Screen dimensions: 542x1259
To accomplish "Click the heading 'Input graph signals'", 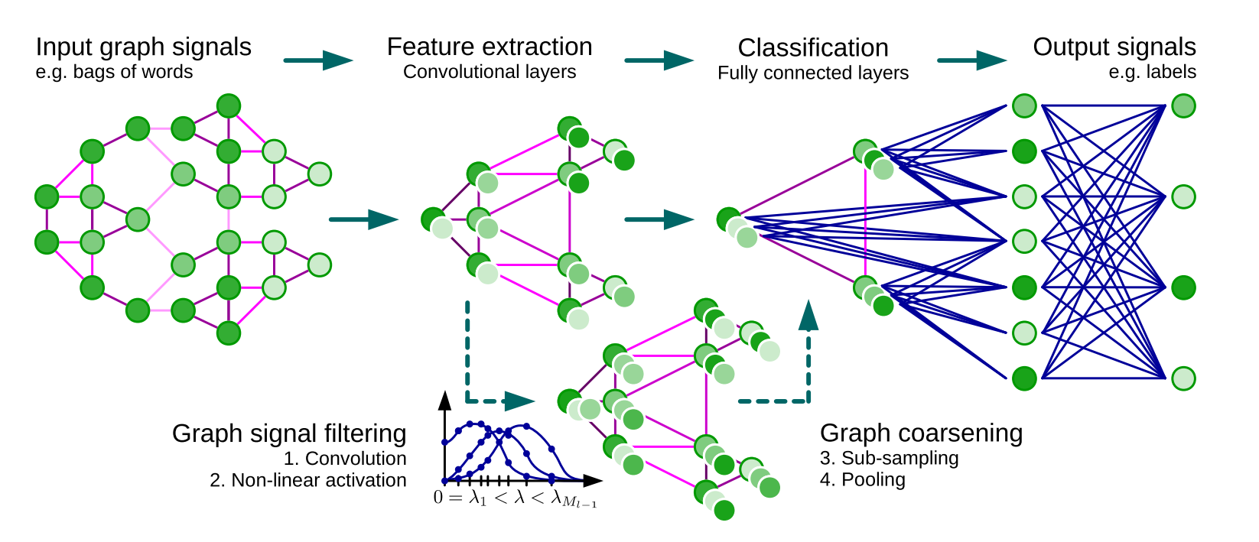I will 143,47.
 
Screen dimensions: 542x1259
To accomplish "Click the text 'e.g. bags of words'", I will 114,72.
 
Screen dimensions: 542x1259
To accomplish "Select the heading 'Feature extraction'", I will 490,47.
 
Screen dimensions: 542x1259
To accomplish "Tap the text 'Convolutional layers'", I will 490,72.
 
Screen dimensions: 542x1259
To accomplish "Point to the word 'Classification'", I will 813,48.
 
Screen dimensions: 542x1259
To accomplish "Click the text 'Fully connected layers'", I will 813,73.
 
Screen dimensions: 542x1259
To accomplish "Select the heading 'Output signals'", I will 1114,47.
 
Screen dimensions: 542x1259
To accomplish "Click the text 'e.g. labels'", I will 1152,72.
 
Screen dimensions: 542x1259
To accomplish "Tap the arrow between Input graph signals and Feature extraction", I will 317,60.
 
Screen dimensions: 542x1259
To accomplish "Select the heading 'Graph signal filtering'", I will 289,433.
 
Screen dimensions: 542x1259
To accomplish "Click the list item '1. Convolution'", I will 345,459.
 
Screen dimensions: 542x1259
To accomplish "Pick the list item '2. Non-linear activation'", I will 308,480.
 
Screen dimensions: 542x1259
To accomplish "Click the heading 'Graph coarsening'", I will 921,433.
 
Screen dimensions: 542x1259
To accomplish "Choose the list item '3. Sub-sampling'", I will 889,458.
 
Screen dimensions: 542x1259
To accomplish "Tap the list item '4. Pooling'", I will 863,479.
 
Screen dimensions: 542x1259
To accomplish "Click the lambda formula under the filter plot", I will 515,499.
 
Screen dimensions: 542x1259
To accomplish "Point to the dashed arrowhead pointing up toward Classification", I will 808,316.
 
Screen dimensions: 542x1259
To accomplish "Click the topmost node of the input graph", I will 229,105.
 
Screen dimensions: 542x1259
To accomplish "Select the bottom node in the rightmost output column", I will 1183,378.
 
